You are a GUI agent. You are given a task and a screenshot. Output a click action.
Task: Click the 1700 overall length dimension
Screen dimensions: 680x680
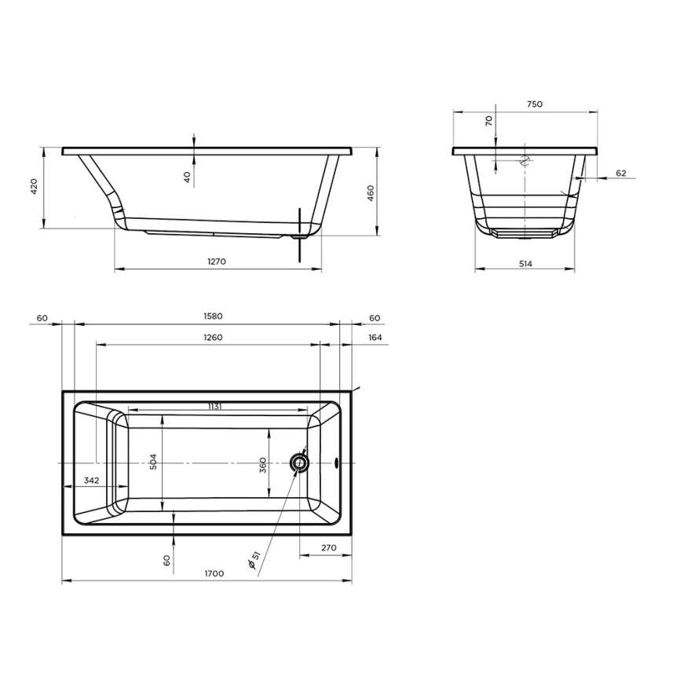(214, 574)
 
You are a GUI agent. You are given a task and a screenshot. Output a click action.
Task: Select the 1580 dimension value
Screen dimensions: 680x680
(214, 316)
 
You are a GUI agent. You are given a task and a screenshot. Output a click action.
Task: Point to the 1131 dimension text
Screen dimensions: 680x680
(214, 406)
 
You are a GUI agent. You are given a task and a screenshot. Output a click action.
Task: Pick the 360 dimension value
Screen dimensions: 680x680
(265, 466)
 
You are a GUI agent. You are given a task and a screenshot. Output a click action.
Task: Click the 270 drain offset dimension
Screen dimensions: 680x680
(329, 548)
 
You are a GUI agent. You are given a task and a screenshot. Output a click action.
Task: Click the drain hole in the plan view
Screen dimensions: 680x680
(299, 463)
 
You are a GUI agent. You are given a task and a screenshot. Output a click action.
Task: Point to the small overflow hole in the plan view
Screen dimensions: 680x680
(337, 463)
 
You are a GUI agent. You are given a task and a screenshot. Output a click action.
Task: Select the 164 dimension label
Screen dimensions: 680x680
(375, 338)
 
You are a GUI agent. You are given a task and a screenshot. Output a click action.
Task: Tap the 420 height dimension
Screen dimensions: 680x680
(34, 186)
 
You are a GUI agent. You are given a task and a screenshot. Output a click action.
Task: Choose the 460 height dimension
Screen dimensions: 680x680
(370, 192)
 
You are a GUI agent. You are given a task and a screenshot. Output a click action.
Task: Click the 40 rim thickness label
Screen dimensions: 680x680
(187, 177)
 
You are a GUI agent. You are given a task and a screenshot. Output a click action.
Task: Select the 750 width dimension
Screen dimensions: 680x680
(535, 104)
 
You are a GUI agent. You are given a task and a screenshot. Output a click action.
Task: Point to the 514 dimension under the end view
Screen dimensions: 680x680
(525, 264)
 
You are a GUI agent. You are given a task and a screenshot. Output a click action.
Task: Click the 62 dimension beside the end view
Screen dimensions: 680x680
(620, 173)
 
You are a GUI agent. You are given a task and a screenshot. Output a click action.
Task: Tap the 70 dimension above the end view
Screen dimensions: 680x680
(489, 120)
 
